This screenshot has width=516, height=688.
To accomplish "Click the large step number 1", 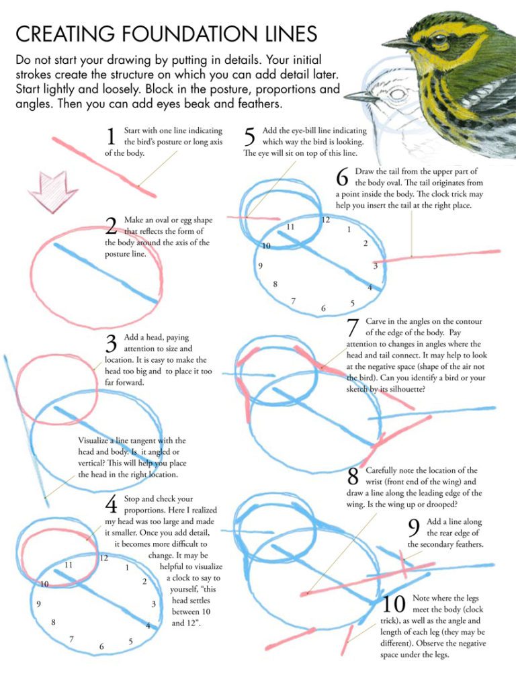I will point(112,137).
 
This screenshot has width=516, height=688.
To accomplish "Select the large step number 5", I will point(249,137).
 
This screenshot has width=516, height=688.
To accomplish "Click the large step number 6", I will point(342,178).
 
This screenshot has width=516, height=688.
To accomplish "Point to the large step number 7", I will point(353,329).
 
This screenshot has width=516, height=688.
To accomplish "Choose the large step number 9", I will point(414,528).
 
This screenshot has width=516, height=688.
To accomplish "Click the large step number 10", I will point(393,604).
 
